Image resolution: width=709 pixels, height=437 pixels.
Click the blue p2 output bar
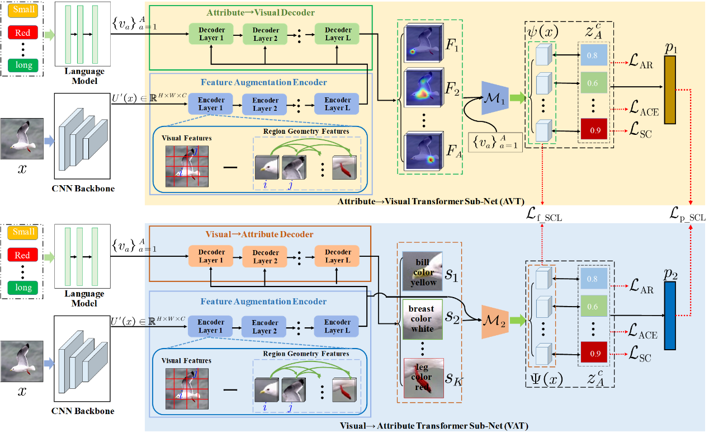[670, 313]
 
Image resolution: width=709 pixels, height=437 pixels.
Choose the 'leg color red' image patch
[423, 378]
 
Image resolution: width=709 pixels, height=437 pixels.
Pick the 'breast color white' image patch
[422, 319]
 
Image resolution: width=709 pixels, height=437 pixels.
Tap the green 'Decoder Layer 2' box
[266, 34]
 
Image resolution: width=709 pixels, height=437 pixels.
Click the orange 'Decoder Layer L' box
[338, 256]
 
